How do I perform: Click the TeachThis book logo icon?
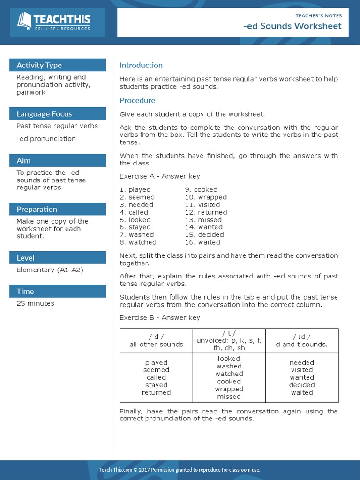coord(24,21)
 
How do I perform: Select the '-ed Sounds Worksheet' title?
coord(292,26)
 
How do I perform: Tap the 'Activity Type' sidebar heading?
coord(39,65)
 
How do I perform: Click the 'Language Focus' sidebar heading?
coord(44,114)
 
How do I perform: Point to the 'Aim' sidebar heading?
coord(23,161)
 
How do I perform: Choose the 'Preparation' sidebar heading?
coord(37,210)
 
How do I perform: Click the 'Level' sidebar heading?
coord(25,258)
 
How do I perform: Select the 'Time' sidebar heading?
coord(25,292)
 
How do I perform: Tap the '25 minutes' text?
coord(35,303)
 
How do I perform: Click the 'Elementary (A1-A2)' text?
coord(50,270)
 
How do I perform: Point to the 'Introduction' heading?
coord(141,65)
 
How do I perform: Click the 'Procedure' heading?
coord(137,100)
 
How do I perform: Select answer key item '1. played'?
coord(135,190)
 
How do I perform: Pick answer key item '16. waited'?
coord(202,242)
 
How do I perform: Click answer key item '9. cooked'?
coord(201,190)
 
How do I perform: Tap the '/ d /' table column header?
coord(156,337)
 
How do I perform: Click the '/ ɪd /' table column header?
coord(301,337)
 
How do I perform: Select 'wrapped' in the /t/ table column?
coord(229,389)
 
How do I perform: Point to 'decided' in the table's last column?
coord(302,385)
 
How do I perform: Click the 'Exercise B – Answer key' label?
coord(159,318)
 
